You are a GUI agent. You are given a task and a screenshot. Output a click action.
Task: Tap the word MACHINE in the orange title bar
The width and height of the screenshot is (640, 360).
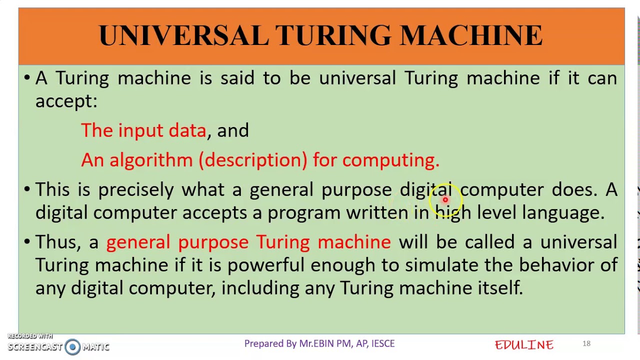[x=471, y=36]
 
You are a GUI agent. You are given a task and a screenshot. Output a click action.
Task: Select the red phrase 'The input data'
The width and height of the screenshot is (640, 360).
[x=143, y=130]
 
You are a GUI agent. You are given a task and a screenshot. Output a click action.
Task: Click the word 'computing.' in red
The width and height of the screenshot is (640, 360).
[x=390, y=160]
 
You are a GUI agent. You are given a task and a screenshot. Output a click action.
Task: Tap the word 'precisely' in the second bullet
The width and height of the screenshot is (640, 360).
[x=135, y=190]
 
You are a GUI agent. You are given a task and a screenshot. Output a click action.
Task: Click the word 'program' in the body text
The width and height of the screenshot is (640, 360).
[x=303, y=213]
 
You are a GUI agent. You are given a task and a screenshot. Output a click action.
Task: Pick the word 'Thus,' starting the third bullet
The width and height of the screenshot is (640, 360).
[x=58, y=242]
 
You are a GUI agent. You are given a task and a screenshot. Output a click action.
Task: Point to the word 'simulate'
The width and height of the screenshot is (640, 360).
[x=441, y=265]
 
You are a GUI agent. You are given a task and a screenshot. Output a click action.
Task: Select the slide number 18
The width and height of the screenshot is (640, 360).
[x=586, y=343]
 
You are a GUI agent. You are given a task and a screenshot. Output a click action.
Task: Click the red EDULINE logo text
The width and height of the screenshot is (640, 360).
[x=524, y=344]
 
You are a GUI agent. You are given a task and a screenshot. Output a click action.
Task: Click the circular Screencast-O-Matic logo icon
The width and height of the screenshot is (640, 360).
[x=72, y=346]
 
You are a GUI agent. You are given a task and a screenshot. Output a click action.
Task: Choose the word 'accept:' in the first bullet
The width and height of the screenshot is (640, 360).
[x=66, y=101]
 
